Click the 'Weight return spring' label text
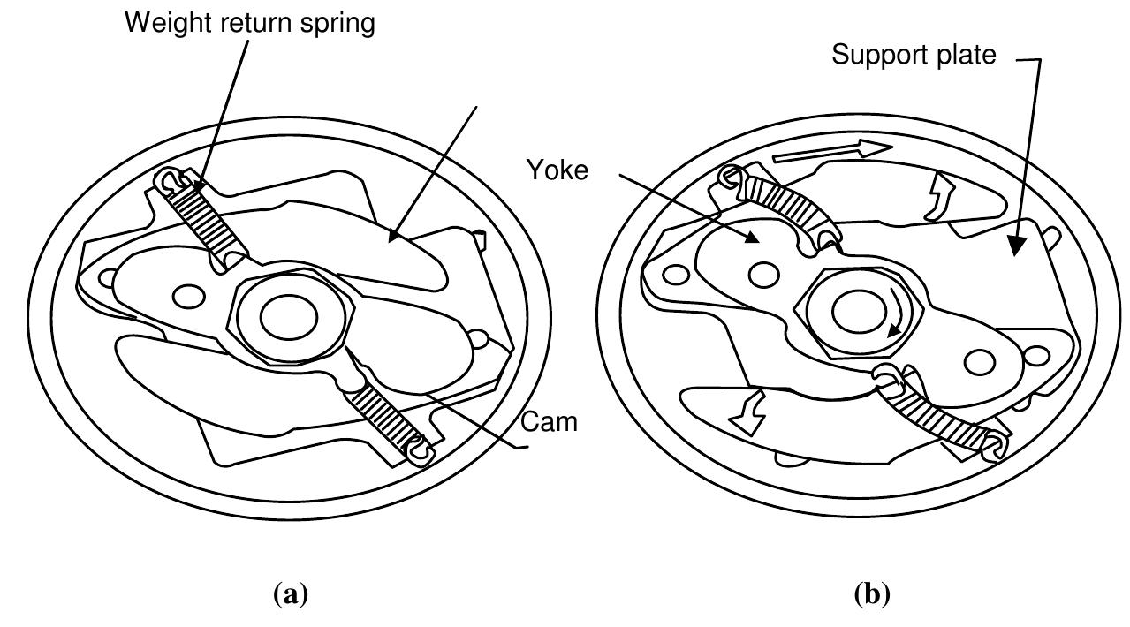click(250, 23)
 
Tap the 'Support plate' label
click(914, 55)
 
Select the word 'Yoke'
click(557, 170)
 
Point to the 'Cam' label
click(549, 422)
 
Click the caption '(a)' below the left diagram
click(291, 593)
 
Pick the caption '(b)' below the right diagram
click(872, 593)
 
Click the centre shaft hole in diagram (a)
click(289, 317)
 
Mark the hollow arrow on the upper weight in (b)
click(939, 197)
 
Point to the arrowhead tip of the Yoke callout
click(758, 242)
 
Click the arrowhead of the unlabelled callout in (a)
click(389, 242)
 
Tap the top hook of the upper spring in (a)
click(169, 180)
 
